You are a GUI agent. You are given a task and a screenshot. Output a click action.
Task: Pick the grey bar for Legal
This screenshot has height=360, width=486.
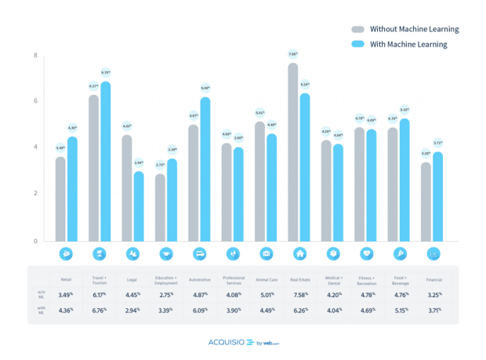[x=127, y=188]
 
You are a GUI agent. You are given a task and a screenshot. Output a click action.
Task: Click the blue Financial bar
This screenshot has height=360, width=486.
[x=438, y=196]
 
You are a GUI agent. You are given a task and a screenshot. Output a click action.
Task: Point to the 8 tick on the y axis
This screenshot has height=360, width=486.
[x=35, y=56]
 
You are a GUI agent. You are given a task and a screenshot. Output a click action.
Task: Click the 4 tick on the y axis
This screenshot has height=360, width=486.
[x=35, y=147]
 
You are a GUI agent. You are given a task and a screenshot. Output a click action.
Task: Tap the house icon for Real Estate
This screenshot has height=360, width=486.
[x=299, y=253]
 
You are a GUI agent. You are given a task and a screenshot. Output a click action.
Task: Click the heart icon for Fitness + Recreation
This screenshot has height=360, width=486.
[x=366, y=253]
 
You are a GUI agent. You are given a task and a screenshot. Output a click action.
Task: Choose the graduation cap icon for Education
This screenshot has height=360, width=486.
[x=166, y=253]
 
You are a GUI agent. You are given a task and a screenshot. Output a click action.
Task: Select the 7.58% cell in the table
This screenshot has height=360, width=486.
[x=299, y=295]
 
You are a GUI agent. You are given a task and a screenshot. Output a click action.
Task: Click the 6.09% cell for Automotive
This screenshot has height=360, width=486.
[x=198, y=310]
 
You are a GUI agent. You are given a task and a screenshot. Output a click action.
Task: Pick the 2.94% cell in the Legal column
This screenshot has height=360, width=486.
[x=132, y=310]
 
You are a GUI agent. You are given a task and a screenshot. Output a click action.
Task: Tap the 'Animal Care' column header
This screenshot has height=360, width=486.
[x=266, y=278]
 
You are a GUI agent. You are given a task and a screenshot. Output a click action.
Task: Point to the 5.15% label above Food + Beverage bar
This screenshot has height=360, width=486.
[x=404, y=110]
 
